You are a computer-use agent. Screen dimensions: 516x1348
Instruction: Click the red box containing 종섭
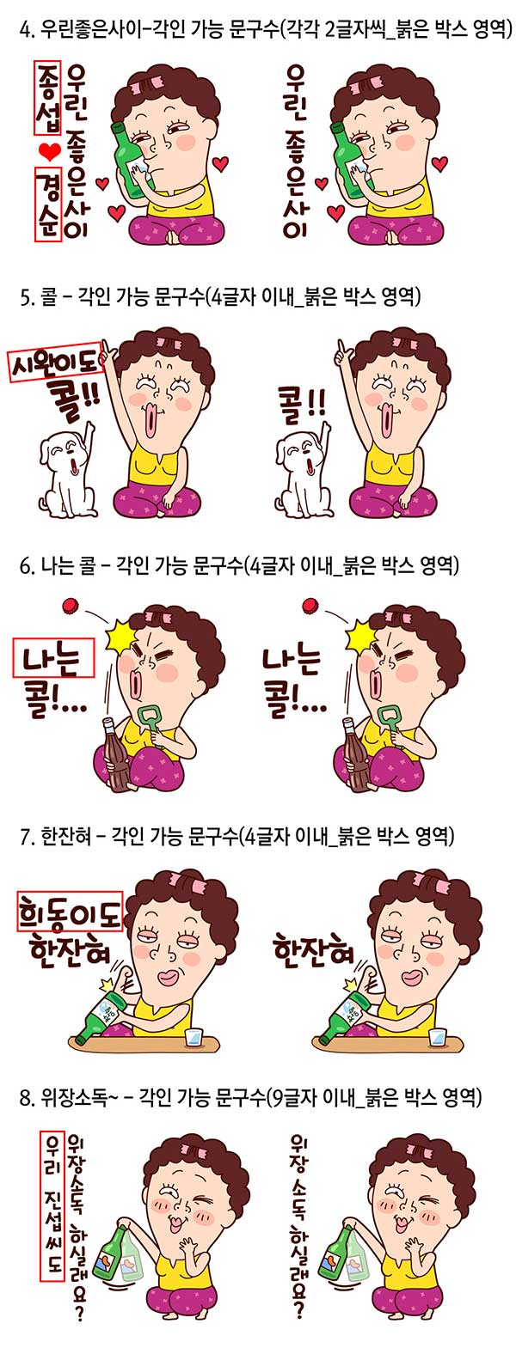pos(49,96)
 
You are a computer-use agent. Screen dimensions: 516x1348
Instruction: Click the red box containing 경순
pos(49,204)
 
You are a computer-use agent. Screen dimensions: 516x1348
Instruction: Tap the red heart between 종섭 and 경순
pos(49,151)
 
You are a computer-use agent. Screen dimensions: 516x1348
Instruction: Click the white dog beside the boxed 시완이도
pos(65,472)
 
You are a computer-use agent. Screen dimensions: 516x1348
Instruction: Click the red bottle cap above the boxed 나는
pos(70,605)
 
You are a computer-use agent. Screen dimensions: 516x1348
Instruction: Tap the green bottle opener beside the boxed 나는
pos(150,723)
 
